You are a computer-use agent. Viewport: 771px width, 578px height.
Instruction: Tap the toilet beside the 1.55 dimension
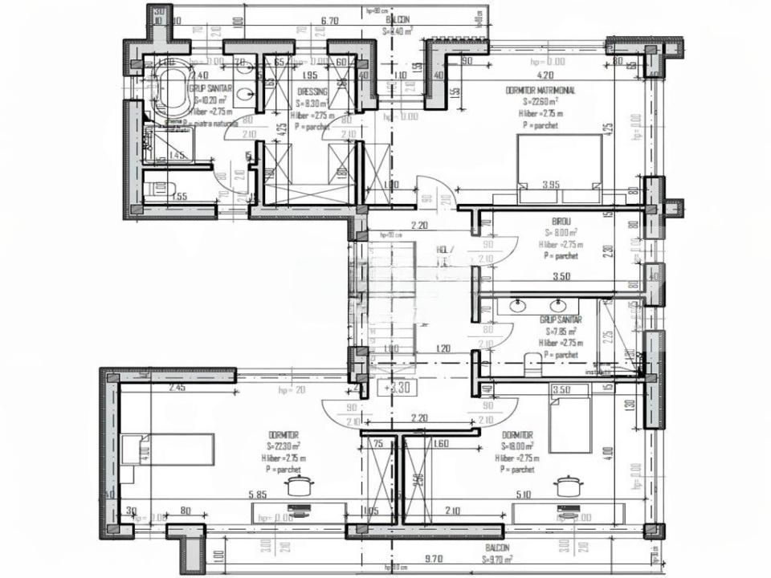(x=161, y=189)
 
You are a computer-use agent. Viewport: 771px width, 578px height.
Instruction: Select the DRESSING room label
(x=312, y=92)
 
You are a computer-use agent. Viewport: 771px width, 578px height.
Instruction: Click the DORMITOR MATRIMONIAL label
(x=541, y=91)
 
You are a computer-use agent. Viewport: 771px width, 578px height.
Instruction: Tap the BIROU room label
(x=561, y=222)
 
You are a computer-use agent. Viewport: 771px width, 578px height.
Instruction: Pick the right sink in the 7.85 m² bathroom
(x=557, y=305)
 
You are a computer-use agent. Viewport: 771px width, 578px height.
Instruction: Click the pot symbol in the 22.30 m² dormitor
(x=300, y=484)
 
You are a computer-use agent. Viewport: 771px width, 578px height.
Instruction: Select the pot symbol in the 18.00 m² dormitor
(x=568, y=484)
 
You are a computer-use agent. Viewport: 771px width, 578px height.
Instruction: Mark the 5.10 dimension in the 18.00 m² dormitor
(x=524, y=496)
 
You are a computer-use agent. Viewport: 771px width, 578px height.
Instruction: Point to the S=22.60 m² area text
(x=540, y=102)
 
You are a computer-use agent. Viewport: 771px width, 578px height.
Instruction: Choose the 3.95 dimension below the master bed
(x=550, y=185)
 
